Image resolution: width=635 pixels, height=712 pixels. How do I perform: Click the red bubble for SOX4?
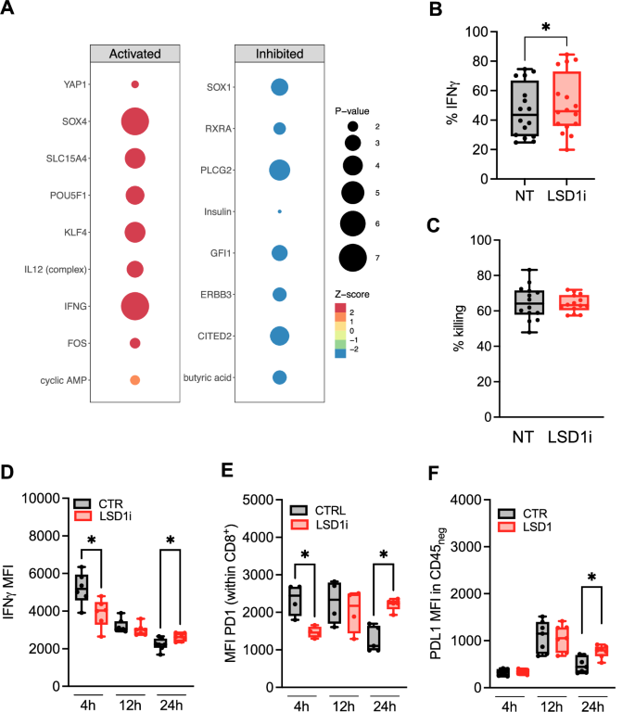click(135, 121)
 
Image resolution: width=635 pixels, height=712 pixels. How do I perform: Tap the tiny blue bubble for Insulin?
click(279, 211)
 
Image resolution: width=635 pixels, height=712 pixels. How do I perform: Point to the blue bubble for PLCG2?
click(279, 170)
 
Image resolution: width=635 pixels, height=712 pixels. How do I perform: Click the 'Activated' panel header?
click(135, 54)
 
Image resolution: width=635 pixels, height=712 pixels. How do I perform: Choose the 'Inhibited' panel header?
click(279, 54)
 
